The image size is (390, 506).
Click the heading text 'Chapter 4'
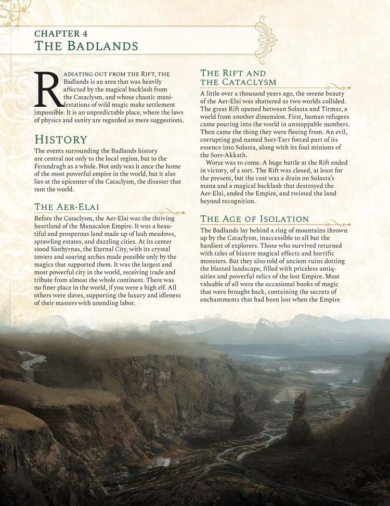tap(61, 33)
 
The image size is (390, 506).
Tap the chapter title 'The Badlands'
tap(86, 46)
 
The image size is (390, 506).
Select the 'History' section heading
tap(60, 140)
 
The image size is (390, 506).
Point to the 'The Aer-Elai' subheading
tap(67, 207)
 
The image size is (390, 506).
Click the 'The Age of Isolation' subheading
tap(254, 219)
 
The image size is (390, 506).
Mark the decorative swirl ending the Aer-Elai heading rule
tap(173, 211)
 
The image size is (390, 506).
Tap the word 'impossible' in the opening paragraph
tap(51, 112)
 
